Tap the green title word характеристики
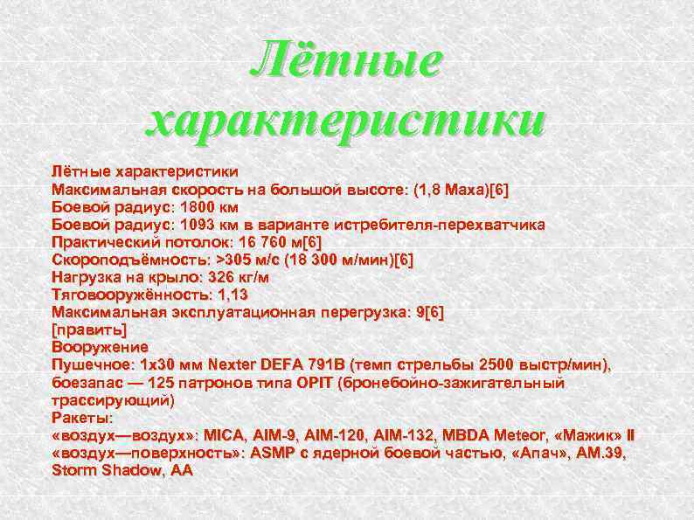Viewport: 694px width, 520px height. pyautogui.click(x=346, y=121)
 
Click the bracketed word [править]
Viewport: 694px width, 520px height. pyautogui.click(x=89, y=329)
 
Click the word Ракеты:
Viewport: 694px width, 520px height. pyautogui.click(x=83, y=418)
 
